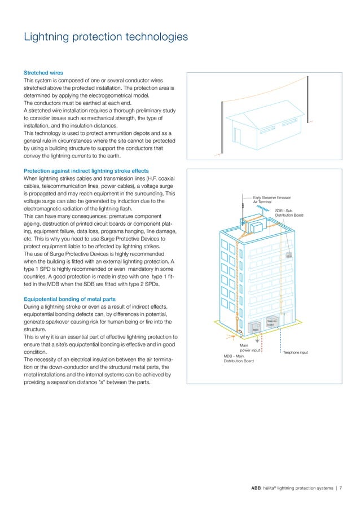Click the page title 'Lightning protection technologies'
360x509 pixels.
pos(105,37)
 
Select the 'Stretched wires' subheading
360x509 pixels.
pos(43,73)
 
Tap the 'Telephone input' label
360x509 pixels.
pos(295,352)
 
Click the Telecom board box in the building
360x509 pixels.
pos(271,321)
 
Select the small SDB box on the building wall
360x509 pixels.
pos(288,256)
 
